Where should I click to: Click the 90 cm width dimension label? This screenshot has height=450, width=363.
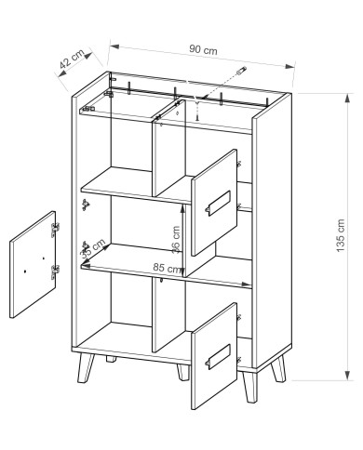203,49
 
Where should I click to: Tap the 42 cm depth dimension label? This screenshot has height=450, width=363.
72,59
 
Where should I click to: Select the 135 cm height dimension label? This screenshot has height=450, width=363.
341,235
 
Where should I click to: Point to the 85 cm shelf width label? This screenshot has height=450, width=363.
167,268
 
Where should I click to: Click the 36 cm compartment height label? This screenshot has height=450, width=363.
176,240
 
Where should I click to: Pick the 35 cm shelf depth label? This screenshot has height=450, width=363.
93,248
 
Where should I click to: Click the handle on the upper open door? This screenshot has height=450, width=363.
218,203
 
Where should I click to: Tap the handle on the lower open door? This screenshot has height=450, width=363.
218,356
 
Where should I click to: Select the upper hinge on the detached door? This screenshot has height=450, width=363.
55,230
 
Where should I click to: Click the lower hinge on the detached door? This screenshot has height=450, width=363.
55,272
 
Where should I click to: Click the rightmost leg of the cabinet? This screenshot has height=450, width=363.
278,369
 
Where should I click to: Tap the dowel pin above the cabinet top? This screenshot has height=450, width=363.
241,71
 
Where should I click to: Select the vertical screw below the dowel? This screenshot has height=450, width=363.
197,110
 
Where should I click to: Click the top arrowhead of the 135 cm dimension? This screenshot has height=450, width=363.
349,99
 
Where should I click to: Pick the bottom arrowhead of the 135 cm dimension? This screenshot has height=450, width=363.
349,376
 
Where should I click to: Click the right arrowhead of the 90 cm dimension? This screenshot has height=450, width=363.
289,66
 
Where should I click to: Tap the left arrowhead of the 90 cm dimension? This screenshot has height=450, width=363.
114,46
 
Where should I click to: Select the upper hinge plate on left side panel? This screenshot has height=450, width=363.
86,205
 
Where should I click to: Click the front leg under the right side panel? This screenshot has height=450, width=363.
250,387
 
